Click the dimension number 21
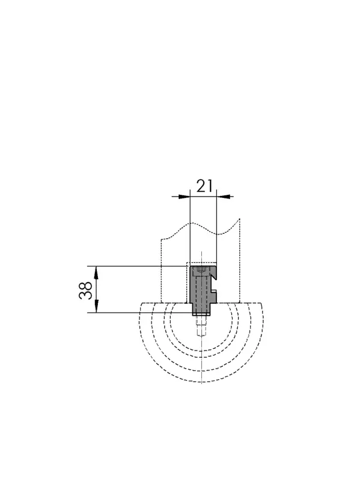point(204,186)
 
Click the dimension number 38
point(85,290)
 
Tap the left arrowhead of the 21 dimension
point(184,197)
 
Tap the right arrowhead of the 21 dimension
point(222,197)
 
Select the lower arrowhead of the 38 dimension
point(96,307)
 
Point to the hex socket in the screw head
point(201,270)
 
